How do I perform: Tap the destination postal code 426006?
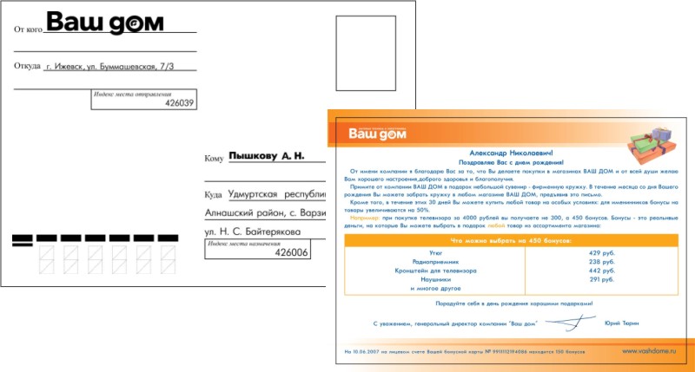point(291,252)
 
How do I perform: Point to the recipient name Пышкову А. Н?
point(266,157)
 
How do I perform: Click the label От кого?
point(28,29)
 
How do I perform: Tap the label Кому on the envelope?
point(214,159)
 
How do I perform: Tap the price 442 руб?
point(602,270)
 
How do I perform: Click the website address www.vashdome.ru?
point(647,350)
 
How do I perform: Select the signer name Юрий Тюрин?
point(621,323)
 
